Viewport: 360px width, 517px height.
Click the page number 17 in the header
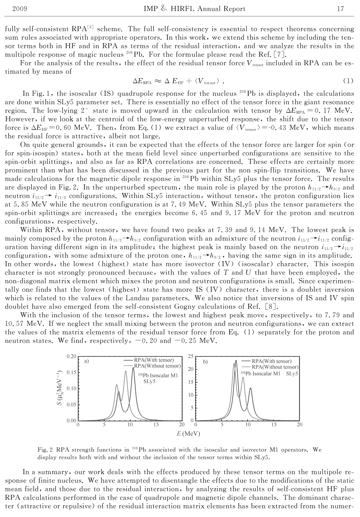340,8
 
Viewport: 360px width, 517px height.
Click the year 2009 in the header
19,8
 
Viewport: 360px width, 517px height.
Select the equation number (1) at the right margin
348,81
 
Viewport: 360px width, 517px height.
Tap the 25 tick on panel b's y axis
191,357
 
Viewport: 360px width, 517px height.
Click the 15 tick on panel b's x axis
274,425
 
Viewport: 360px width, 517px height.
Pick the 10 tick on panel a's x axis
130,425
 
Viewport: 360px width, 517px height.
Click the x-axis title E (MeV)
188,434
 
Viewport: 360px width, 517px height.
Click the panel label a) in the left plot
86,361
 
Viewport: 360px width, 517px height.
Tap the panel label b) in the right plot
205,362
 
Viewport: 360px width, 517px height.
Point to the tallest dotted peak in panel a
133,368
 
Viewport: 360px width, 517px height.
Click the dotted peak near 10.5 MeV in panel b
250,388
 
